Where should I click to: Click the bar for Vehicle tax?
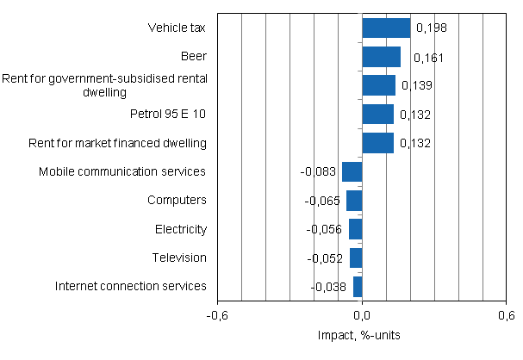(x=386, y=28)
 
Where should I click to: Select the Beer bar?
(x=381, y=57)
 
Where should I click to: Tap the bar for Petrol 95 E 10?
(x=377, y=115)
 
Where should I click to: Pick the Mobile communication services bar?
(x=352, y=171)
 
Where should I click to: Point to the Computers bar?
(x=354, y=201)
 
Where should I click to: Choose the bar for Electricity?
(x=355, y=229)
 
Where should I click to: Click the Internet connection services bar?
(x=358, y=287)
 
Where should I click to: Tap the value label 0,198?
(x=431, y=28)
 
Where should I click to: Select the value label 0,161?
(x=421, y=58)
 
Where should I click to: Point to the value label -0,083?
(x=318, y=172)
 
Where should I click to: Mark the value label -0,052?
(x=326, y=258)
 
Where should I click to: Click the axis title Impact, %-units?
(x=362, y=335)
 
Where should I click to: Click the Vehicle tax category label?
(x=177, y=28)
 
